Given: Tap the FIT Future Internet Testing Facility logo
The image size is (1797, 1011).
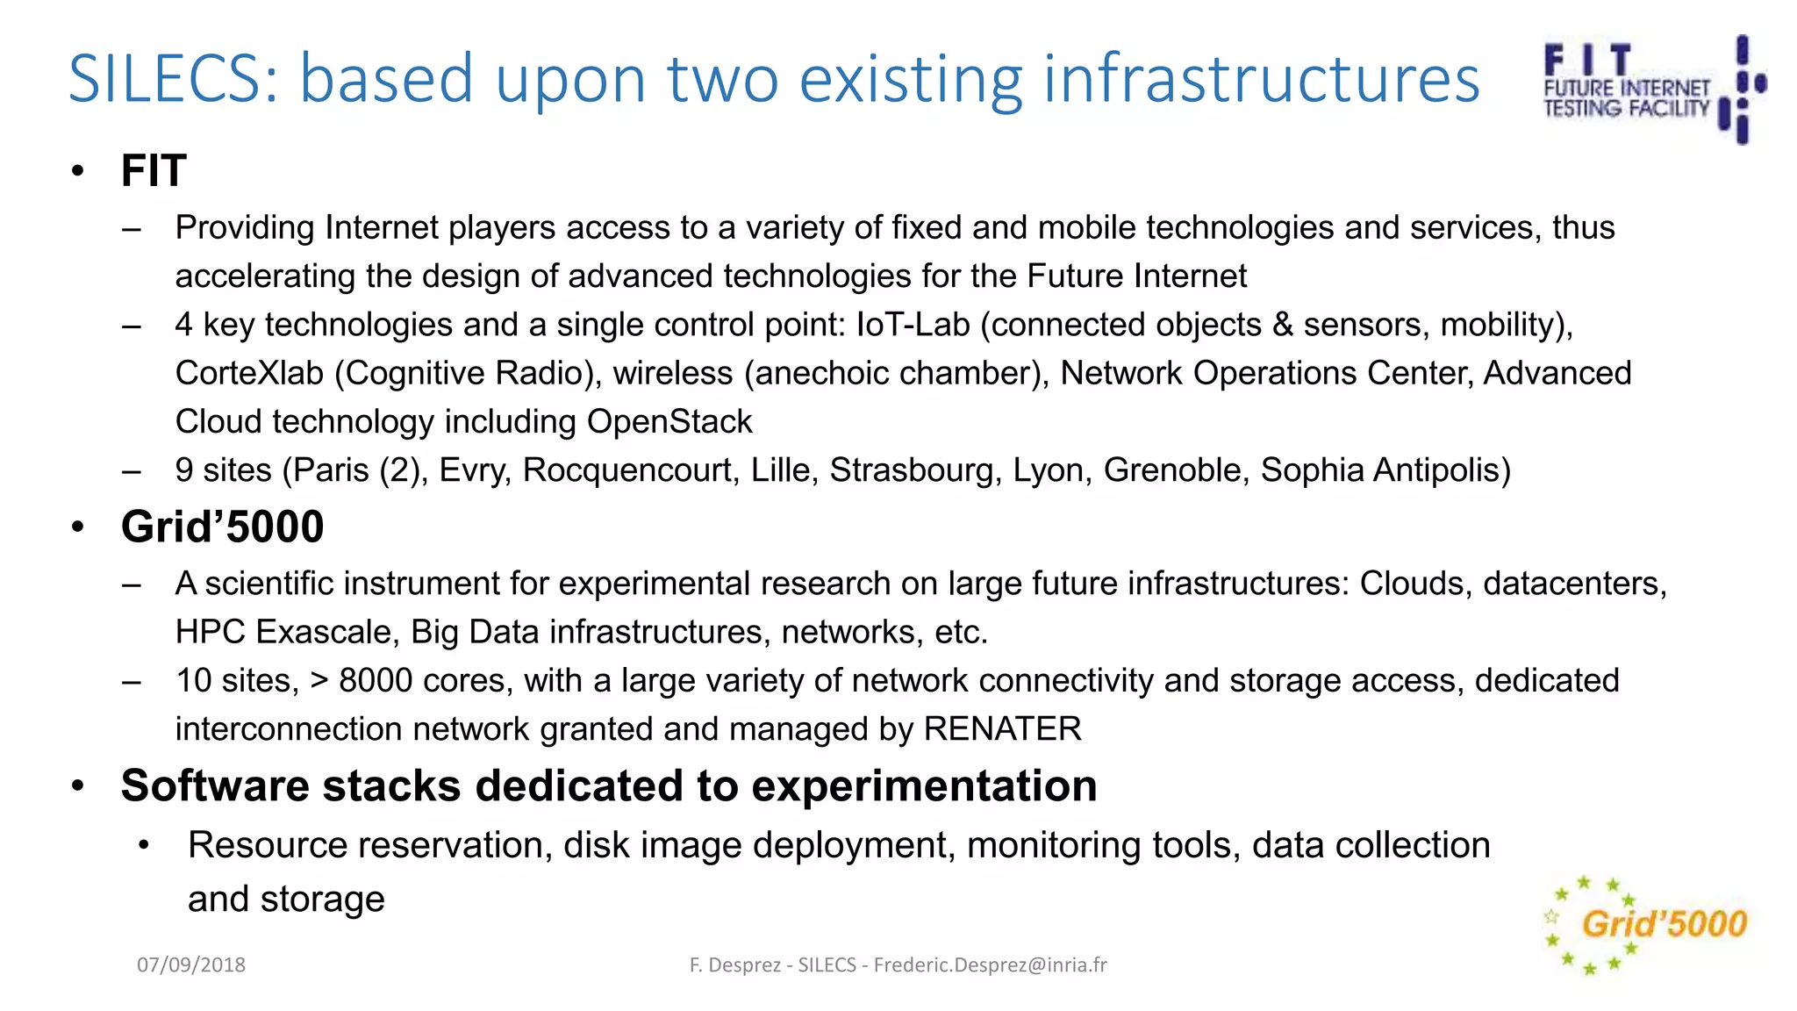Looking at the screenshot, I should click(1653, 88).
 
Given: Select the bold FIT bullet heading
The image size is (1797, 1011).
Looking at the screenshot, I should click(154, 170).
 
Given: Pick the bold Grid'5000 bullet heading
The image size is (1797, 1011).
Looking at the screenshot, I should click(222, 527).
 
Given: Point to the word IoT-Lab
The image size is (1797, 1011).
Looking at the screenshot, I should click(913, 325).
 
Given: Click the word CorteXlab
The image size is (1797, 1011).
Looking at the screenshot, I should click(249, 373).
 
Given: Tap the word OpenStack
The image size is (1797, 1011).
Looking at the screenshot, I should click(669, 421).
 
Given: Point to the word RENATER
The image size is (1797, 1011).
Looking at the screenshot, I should click(1002, 729).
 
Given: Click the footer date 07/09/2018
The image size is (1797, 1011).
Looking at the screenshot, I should click(191, 964).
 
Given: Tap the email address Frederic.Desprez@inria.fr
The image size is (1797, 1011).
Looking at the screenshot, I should click(990, 964).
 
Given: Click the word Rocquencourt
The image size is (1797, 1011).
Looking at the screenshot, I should click(631, 470).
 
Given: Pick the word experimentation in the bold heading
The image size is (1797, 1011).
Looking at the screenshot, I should click(924, 785).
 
